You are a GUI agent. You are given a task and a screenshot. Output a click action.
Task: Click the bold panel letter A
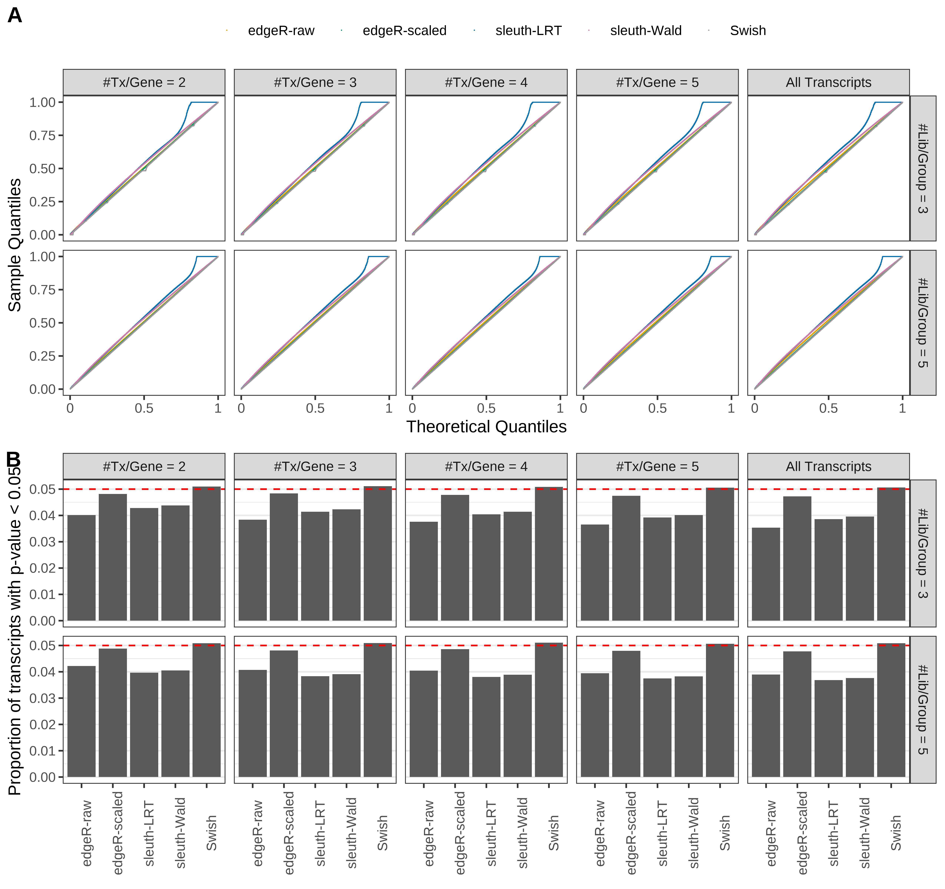(x=15, y=16)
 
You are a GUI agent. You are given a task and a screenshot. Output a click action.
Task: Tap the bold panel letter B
(x=13, y=460)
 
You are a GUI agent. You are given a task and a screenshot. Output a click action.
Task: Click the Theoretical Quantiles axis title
(x=486, y=427)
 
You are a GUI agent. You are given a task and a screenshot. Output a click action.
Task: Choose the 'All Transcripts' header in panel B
(x=828, y=467)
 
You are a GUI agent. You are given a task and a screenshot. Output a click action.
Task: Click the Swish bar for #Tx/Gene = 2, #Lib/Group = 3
(x=206, y=554)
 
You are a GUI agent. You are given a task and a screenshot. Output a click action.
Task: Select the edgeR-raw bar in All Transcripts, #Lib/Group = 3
(x=766, y=574)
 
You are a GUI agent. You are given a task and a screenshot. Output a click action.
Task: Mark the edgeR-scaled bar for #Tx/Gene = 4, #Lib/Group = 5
(x=455, y=713)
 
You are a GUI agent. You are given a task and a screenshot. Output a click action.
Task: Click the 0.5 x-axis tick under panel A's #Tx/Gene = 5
(x=657, y=408)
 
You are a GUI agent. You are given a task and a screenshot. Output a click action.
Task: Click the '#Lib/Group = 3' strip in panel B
(x=922, y=554)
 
